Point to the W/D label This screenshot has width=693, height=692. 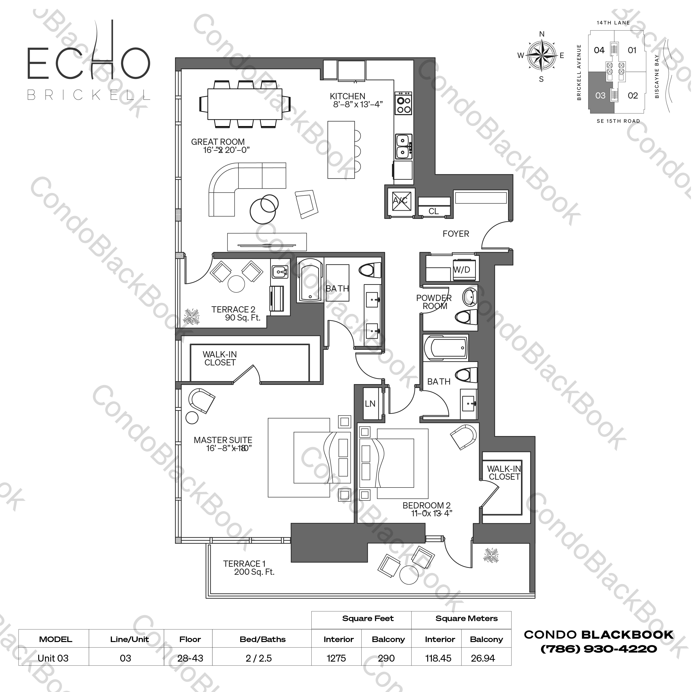462,270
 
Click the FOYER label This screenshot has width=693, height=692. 456,234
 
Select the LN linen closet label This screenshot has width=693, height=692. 370,404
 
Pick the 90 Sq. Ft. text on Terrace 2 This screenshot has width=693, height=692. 243,318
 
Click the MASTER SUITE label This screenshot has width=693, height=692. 223,440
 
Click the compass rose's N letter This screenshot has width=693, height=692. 542,34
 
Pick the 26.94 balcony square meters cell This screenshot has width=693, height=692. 483,658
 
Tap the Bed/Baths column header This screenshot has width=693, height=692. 263,639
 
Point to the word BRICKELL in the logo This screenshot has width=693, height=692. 89,95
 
